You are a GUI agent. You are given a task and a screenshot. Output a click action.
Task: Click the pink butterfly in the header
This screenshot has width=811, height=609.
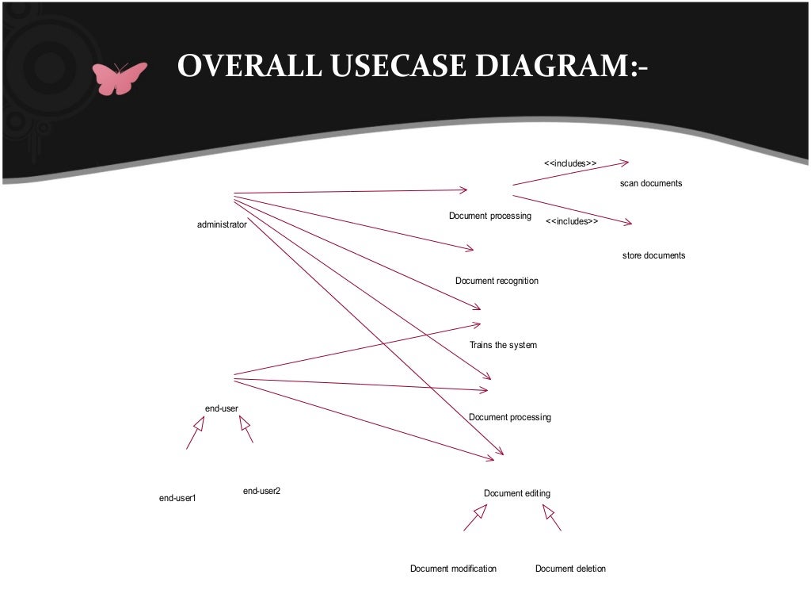120,79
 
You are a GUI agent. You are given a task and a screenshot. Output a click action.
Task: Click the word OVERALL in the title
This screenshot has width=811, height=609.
249,66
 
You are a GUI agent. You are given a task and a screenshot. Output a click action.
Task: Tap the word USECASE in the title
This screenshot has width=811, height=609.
398,66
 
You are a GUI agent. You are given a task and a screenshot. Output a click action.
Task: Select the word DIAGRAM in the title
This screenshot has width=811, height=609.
552,66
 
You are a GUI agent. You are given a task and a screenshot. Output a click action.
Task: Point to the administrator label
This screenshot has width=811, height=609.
222,224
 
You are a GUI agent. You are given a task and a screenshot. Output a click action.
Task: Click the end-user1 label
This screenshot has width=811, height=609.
177,498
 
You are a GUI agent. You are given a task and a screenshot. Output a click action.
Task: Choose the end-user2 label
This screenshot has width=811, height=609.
261,490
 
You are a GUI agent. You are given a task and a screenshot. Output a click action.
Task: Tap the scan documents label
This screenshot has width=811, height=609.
651,183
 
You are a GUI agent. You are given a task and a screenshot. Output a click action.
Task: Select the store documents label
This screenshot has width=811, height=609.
653,255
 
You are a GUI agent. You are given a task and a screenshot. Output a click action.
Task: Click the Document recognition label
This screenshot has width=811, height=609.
497,281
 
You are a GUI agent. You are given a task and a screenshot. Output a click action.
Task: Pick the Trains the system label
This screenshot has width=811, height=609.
503,345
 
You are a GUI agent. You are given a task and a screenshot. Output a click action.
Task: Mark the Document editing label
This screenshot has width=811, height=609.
516,493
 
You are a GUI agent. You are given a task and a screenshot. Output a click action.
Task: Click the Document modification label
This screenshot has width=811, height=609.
453,568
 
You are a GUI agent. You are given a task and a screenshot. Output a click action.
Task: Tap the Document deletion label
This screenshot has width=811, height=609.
570,568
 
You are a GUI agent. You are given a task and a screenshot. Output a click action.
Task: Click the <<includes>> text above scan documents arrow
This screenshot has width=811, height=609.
570,163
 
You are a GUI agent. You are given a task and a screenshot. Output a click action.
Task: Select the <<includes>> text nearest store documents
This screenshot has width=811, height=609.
572,221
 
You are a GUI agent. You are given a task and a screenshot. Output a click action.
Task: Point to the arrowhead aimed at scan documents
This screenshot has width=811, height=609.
624,163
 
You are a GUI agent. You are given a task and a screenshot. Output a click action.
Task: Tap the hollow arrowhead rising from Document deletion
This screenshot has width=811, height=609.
548,511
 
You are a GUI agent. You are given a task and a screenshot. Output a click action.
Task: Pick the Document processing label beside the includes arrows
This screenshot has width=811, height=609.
489,216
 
